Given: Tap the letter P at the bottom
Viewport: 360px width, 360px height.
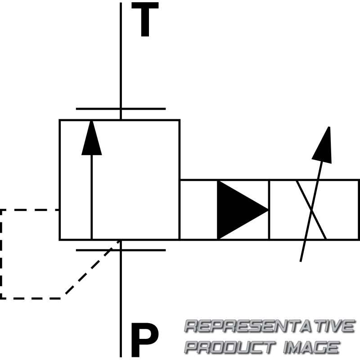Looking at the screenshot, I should click(x=144, y=341).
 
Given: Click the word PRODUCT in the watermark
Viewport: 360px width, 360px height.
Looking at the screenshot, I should click(x=229, y=347).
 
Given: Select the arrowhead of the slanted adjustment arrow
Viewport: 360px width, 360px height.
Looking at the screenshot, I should click(x=324, y=144).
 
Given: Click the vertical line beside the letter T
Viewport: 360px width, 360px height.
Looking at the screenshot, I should click(x=121, y=54).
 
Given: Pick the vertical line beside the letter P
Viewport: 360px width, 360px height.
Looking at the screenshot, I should click(x=121, y=306).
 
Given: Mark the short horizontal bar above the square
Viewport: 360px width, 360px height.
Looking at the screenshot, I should click(x=121, y=109).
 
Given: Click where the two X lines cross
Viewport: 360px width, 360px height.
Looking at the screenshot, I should click(x=311, y=210).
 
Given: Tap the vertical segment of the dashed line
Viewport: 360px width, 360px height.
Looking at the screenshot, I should click(x=1, y=254).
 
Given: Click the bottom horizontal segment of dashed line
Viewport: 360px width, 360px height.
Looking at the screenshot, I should click(x=31, y=298).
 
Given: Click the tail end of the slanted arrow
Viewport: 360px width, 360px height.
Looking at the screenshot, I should click(x=301, y=259).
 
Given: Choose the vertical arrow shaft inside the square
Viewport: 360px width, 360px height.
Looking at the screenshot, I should click(x=91, y=198).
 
